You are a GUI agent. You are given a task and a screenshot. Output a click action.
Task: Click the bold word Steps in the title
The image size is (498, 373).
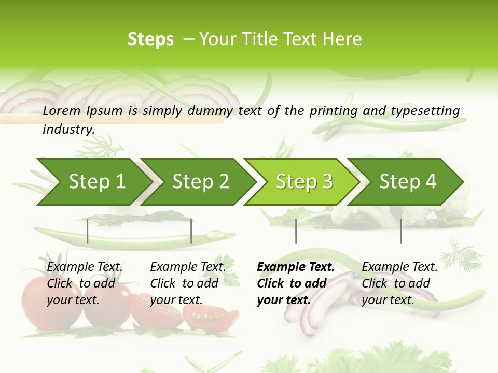(x=150, y=39)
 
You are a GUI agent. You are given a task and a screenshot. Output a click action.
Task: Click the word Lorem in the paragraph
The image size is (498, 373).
(x=61, y=111)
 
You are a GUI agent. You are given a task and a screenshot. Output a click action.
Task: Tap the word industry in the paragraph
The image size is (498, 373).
(x=68, y=130)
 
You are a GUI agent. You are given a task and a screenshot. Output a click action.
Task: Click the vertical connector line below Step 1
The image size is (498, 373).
(x=88, y=231)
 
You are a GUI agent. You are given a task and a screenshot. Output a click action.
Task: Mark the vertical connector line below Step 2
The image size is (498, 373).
(x=191, y=231)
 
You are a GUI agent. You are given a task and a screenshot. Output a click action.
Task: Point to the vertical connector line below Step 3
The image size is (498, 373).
(x=296, y=231)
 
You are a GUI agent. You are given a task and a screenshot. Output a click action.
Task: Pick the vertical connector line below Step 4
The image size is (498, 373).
(x=400, y=231)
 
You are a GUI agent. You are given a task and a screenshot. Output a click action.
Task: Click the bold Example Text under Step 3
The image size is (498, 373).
(x=296, y=267)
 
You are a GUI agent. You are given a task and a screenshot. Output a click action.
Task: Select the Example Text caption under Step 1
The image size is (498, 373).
(x=85, y=267)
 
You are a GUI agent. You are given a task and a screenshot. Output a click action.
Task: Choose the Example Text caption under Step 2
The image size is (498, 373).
(x=188, y=267)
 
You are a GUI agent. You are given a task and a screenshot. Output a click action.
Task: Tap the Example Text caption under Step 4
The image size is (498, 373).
(x=399, y=267)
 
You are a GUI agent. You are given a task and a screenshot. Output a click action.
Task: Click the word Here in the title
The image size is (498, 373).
(x=342, y=39)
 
